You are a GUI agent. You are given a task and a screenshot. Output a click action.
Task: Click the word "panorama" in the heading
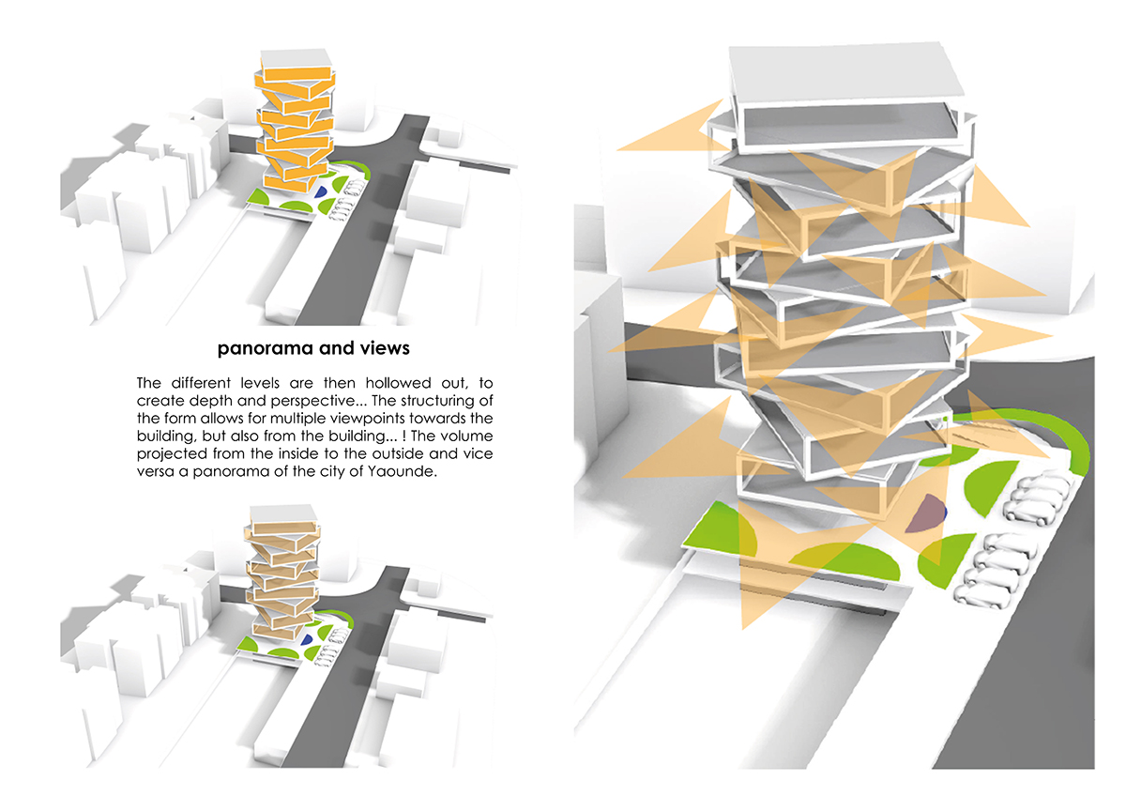click(x=262, y=349)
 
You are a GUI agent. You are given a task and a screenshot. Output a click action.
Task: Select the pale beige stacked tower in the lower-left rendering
click(x=284, y=582)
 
